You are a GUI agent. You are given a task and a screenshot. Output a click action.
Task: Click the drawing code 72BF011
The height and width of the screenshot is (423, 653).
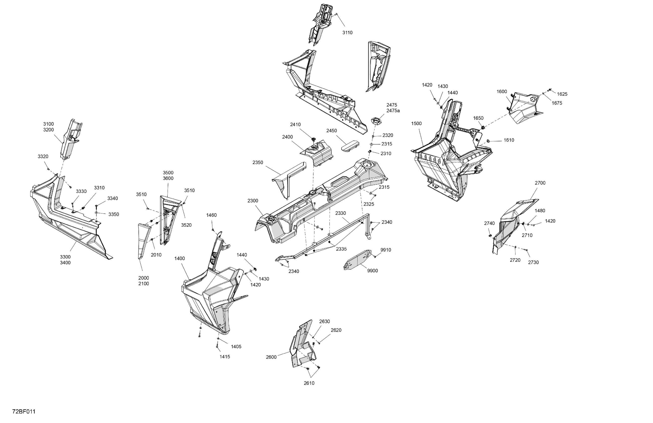(x=24, y=412)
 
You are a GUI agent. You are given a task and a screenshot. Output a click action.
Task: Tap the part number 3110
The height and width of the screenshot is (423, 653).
(x=347, y=33)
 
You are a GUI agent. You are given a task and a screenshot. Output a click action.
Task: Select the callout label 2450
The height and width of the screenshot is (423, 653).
(x=331, y=131)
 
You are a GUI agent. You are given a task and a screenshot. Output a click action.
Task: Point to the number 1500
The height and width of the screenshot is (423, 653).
(x=416, y=124)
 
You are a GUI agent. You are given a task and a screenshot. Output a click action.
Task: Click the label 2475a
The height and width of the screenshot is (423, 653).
(x=393, y=111)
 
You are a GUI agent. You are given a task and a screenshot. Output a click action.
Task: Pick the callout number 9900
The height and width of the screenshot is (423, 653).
(x=372, y=271)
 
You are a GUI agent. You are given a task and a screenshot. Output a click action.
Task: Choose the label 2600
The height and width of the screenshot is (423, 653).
(x=271, y=357)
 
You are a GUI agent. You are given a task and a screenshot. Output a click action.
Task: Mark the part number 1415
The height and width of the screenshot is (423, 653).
(x=225, y=357)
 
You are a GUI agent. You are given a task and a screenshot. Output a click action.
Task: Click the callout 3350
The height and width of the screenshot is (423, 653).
(x=114, y=214)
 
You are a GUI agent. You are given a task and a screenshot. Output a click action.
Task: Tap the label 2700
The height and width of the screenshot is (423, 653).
(x=540, y=183)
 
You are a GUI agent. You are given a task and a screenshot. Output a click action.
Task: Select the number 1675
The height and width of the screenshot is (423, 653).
(x=557, y=103)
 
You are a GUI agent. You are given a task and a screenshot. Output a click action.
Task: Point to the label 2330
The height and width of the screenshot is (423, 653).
(x=340, y=213)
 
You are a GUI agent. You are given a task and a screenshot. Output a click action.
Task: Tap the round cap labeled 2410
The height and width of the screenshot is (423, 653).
(x=314, y=140)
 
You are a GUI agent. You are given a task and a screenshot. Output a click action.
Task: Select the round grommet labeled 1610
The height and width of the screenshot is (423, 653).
(x=488, y=141)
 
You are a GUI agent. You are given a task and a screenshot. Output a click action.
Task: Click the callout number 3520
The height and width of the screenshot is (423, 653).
(x=186, y=225)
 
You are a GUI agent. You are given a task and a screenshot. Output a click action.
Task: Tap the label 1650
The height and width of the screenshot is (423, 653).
(x=478, y=118)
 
